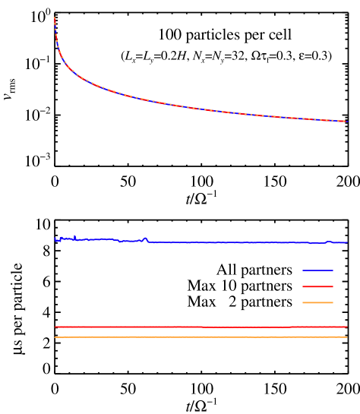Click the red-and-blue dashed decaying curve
190,107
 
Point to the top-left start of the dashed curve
55,17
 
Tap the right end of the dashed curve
346,122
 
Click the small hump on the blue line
145,238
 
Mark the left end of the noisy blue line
55,239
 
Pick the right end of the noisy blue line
346,242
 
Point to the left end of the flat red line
55,327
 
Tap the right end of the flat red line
346,327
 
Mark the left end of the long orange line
55,337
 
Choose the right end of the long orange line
346,337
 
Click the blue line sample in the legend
317,270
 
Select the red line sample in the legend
317,286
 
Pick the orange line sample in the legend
317,303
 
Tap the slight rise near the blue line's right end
329,242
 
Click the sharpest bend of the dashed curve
61,57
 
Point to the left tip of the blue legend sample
302,270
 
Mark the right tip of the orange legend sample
333,303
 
